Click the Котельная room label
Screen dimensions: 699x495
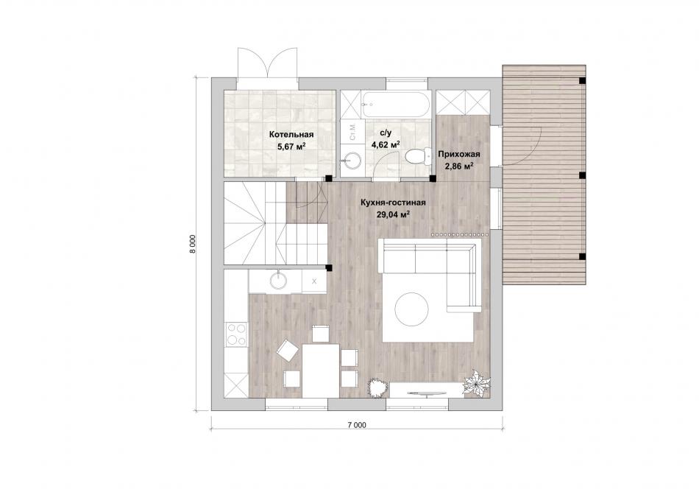point(291,134)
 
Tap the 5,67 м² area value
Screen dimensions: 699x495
point(291,146)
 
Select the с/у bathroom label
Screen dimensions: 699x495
point(385,133)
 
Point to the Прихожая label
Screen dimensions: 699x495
point(458,155)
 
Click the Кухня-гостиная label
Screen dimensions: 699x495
point(393,203)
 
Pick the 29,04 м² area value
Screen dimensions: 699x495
point(393,214)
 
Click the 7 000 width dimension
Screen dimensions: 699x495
point(357,425)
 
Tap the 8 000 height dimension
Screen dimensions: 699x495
point(193,244)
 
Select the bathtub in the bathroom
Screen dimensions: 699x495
point(395,105)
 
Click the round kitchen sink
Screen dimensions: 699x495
point(279,281)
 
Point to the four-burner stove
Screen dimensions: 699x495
point(236,334)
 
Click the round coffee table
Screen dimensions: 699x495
point(411,309)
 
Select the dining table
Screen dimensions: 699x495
point(319,370)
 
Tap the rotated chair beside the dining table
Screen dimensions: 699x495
point(288,351)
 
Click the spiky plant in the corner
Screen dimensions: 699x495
point(476,382)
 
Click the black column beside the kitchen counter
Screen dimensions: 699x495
point(329,268)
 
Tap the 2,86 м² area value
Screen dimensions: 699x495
point(458,166)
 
